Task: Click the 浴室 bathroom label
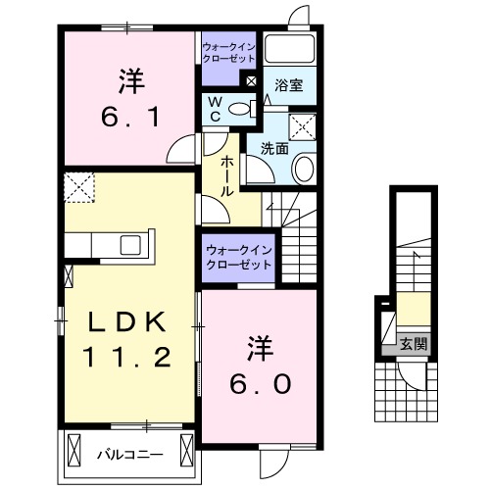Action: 288,85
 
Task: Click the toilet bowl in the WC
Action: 242,108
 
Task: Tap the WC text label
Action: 213,109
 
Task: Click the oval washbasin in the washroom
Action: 305,170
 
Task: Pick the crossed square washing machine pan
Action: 300,125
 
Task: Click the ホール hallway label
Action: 226,176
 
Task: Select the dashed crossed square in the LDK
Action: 77,183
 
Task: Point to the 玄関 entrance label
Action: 414,343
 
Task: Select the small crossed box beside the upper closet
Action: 252,81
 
